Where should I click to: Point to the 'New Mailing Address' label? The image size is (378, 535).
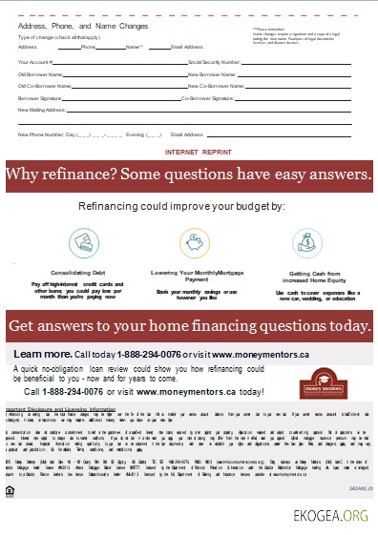pos(39,110)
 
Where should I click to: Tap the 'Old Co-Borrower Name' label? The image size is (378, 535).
pos(43,85)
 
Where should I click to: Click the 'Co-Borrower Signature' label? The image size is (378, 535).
pos(210,97)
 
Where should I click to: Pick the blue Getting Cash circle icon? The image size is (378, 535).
pos(311,244)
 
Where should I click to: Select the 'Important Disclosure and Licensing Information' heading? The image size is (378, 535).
pos(62,408)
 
